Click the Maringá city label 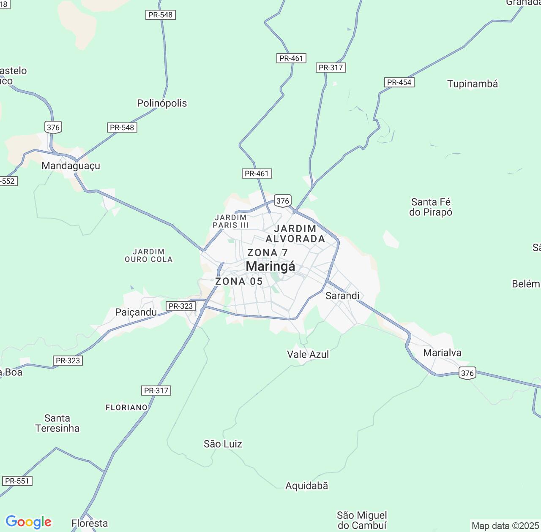(270, 266)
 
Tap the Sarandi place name (342, 296)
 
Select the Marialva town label (442, 353)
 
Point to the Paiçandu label (136, 312)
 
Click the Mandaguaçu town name (71, 166)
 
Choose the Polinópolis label (162, 103)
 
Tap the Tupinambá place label (473, 84)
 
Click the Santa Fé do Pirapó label (431, 207)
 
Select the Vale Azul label (308, 354)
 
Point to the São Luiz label (223, 444)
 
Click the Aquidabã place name (306, 486)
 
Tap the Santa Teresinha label (57, 423)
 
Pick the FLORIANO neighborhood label (126, 407)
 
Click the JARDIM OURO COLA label (149, 255)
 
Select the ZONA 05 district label (239, 281)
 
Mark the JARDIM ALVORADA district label (295, 233)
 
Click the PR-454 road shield (399, 82)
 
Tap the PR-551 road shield (17, 481)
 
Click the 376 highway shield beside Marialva (467, 373)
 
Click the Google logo (28, 522)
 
